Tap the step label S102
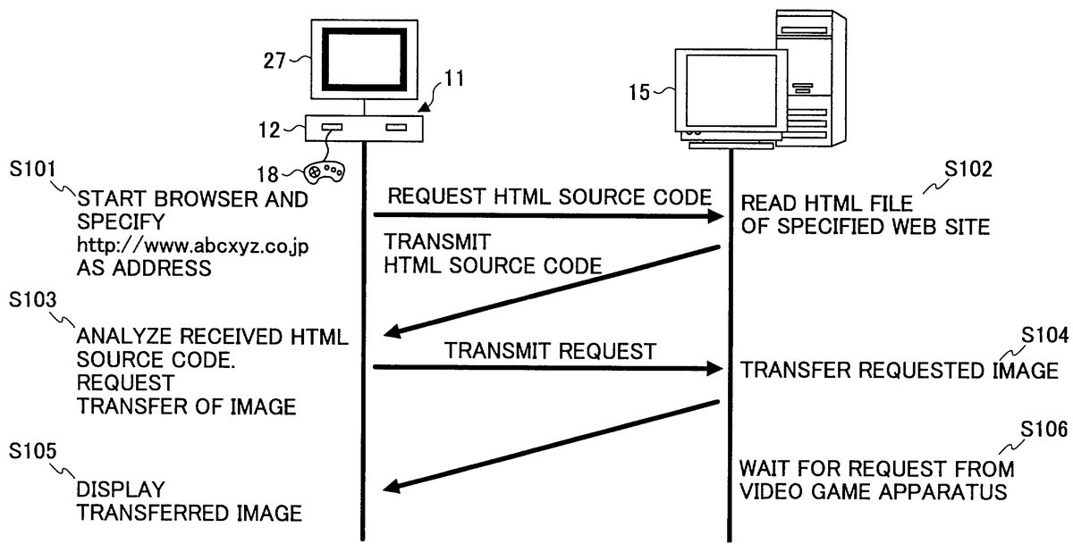1013,168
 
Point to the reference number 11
454,79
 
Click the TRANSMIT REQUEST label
551,351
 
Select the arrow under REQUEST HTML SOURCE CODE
547,216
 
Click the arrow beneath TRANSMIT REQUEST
547,368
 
